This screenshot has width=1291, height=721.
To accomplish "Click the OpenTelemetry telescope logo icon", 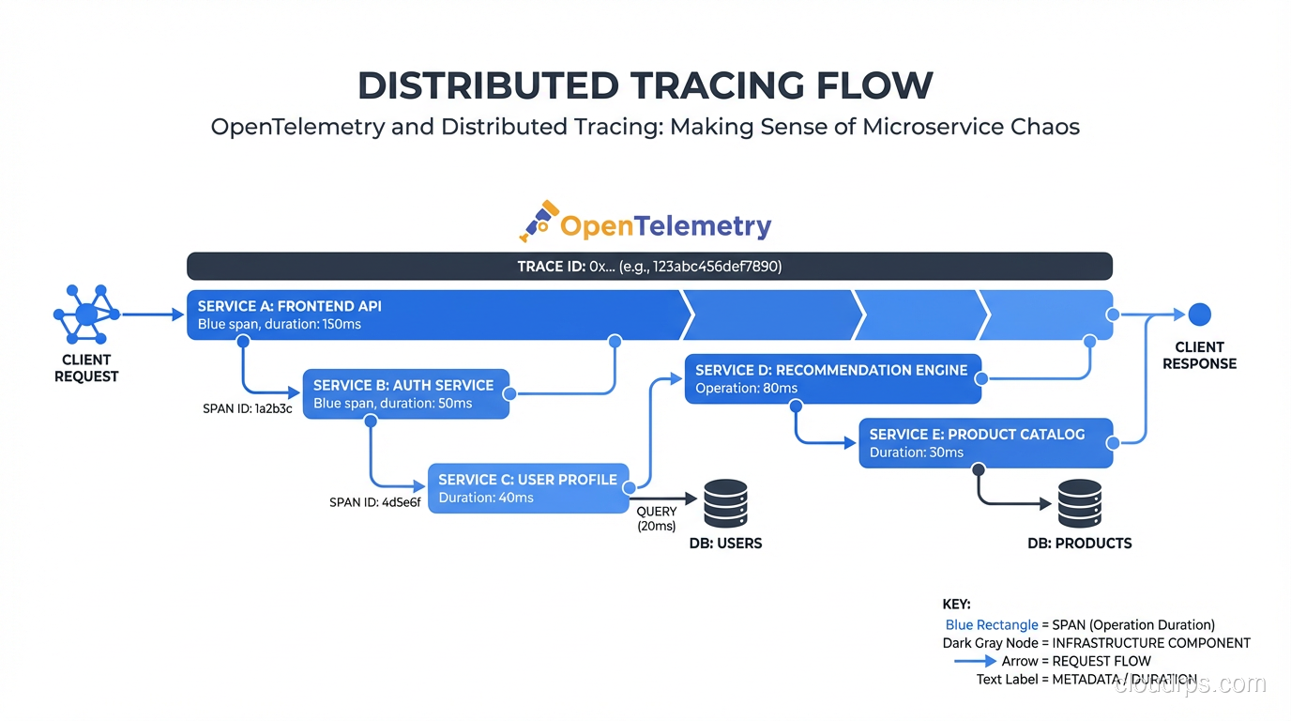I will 539,222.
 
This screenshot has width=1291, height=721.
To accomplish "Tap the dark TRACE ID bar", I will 649,267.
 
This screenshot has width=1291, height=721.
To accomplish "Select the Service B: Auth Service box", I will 405,394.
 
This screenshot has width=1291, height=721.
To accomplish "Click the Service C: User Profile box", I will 528,488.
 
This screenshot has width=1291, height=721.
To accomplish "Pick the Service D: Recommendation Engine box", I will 832,378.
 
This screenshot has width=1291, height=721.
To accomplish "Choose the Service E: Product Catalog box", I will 985,443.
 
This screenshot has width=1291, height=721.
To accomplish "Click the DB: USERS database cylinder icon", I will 725,504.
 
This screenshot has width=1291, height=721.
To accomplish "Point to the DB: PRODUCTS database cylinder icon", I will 1079,504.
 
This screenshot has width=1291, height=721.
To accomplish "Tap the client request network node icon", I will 85,314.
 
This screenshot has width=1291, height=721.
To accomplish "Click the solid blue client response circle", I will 1199,314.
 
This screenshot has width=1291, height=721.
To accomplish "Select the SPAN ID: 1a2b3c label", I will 247,409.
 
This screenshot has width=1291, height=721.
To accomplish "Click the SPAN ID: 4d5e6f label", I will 374,502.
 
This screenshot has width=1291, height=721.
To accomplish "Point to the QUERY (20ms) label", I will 656,519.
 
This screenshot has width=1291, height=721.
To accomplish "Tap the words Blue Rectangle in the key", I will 992,625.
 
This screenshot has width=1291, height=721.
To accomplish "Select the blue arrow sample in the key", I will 975,661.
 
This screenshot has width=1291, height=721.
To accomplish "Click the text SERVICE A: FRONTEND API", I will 289,306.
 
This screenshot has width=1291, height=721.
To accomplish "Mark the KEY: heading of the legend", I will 956,605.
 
